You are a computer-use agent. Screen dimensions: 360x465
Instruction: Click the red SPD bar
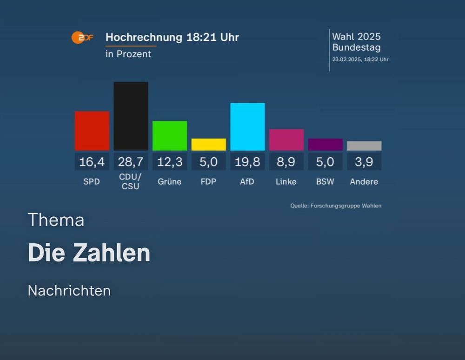(x=92, y=131)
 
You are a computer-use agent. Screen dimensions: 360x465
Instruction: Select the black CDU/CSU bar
(x=131, y=116)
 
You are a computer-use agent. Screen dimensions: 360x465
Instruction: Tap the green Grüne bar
(x=170, y=136)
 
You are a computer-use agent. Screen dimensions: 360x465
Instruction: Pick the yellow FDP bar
(x=208, y=144)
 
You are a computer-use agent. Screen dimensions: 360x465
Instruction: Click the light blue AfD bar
(x=247, y=127)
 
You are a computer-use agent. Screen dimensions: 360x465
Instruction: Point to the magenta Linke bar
(x=286, y=140)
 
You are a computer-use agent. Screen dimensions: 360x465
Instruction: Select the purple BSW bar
(x=325, y=144)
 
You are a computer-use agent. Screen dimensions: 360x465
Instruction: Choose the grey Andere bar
(x=364, y=146)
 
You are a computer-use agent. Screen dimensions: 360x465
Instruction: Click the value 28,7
(x=131, y=162)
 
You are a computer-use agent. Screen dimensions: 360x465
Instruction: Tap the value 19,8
(x=247, y=162)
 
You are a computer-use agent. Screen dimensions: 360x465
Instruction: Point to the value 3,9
(x=364, y=162)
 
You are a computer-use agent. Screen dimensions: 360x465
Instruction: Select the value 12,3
(x=170, y=162)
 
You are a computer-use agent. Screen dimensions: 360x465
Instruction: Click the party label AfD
(x=247, y=182)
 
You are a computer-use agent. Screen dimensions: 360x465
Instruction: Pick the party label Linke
(x=286, y=182)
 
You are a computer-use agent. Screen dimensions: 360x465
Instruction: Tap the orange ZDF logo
(x=82, y=38)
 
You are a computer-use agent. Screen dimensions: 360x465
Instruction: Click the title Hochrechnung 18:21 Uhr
(x=172, y=37)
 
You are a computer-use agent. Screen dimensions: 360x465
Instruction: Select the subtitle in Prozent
(x=128, y=54)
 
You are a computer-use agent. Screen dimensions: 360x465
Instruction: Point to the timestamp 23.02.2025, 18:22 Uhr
(x=360, y=60)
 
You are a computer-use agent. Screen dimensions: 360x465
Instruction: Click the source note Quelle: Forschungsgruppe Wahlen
(x=336, y=206)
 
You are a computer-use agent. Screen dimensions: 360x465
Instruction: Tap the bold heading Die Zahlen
(x=89, y=253)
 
